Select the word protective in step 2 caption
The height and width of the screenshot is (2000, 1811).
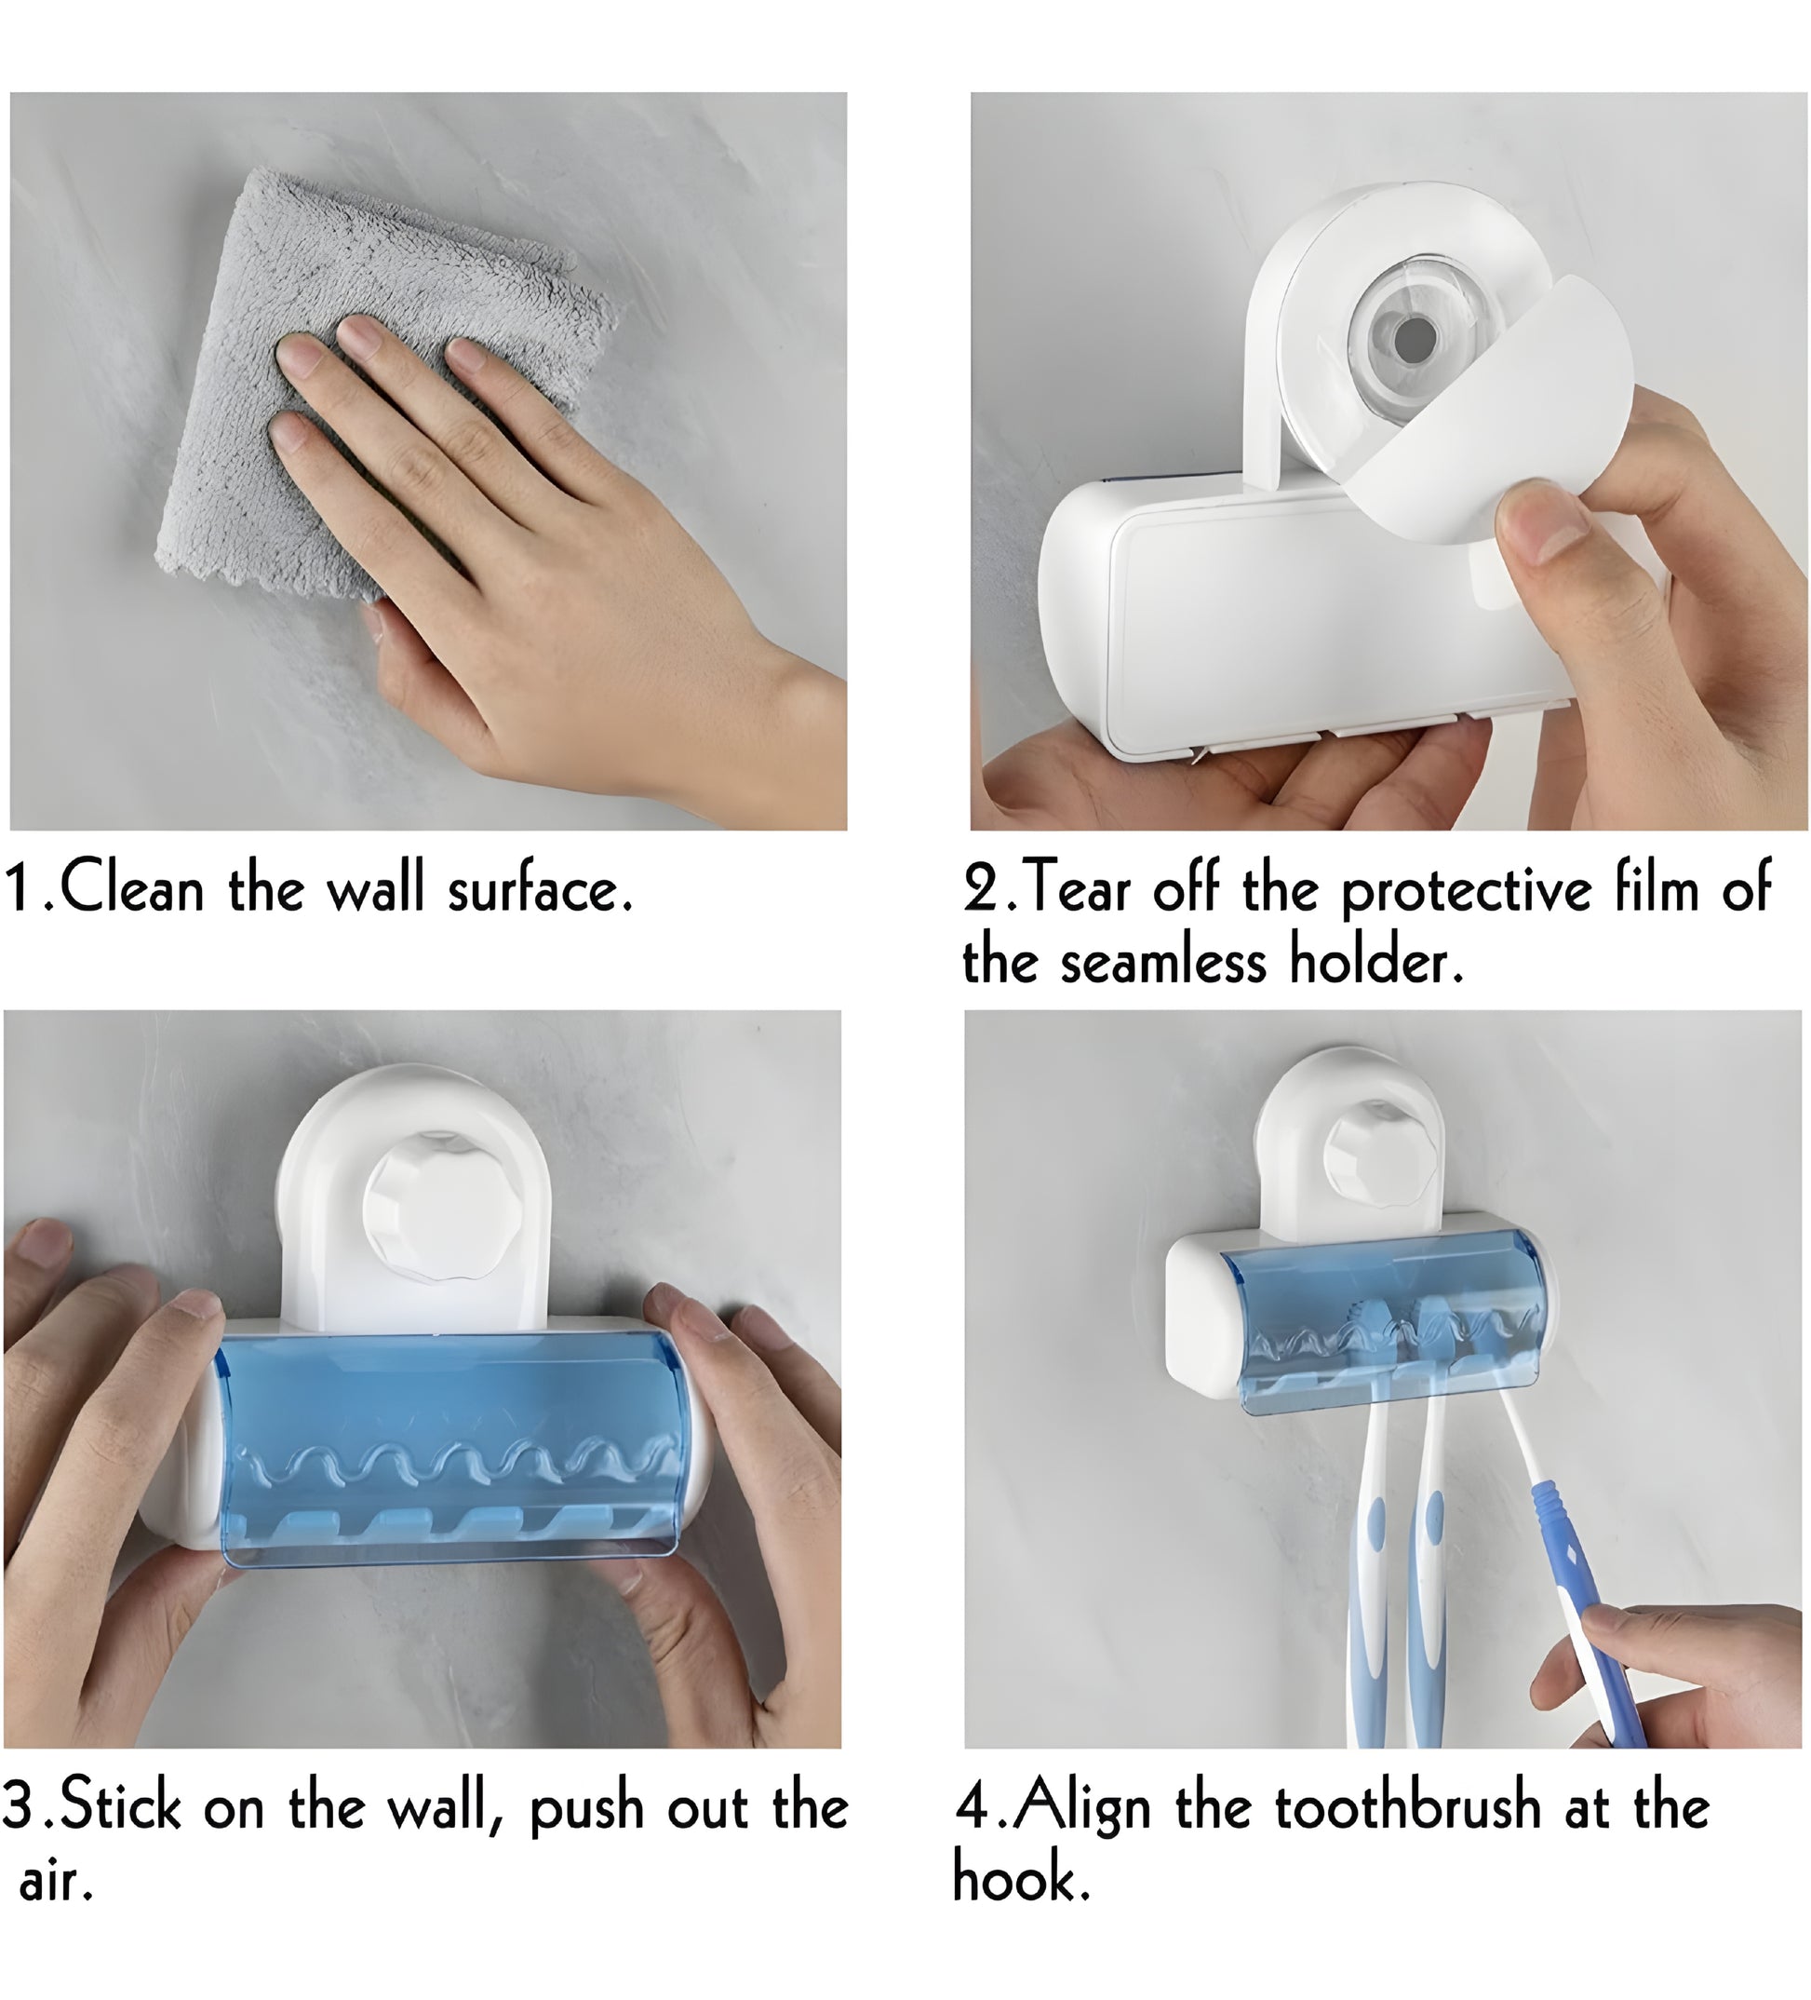tap(1466, 891)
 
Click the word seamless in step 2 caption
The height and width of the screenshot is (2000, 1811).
tap(1163, 963)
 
